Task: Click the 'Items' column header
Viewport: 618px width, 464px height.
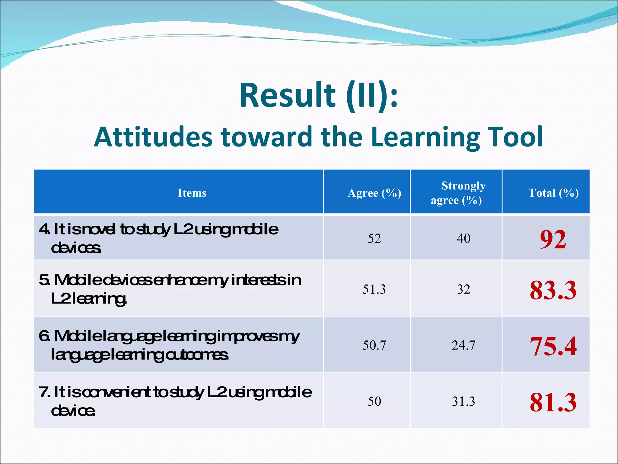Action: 192,193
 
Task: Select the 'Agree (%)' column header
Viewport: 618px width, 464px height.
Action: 374,193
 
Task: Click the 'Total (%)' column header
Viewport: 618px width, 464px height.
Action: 553,193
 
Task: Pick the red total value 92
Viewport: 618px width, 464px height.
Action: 553,239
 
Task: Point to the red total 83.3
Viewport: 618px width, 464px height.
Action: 553,290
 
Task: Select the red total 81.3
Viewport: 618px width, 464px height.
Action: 553,402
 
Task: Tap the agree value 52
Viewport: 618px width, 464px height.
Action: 374,239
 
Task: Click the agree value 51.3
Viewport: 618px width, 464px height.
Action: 374,289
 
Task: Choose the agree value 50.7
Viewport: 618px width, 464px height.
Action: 374,345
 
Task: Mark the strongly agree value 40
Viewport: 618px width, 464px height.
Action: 463,239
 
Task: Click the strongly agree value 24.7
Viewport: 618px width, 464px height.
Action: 463,345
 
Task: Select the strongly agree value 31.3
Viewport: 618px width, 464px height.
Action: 463,401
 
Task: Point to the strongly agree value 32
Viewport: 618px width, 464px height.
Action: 463,289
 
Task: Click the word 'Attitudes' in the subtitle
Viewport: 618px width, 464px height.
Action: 153,137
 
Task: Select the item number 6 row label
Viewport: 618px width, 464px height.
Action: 169,345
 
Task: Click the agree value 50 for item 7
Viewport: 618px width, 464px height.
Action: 374,401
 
